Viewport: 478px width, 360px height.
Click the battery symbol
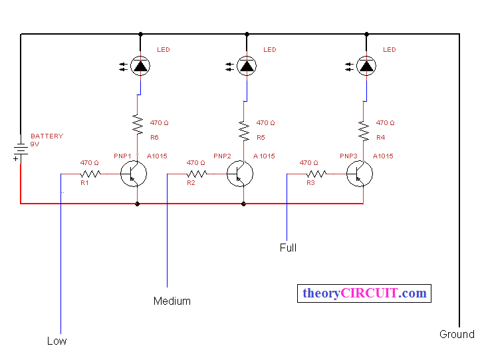tap(21, 150)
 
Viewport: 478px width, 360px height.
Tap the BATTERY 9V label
tap(47, 140)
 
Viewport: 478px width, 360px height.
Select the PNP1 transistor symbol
tap(134, 174)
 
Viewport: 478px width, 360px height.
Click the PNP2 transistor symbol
tap(240, 174)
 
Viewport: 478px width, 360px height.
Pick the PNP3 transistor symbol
tap(360, 174)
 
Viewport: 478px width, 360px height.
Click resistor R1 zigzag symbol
tap(90, 174)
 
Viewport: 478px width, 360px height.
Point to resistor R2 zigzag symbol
tap(197, 174)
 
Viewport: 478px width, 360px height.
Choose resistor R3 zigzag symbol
tap(316, 174)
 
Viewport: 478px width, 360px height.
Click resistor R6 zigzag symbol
tap(138, 124)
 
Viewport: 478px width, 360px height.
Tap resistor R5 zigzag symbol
tap(244, 131)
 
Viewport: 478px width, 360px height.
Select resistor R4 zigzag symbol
tap(364, 131)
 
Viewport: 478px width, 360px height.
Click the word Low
tap(57, 341)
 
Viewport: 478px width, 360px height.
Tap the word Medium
tap(172, 301)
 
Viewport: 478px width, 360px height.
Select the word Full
tap(288, 248)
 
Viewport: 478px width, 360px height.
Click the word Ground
tap(457, 334)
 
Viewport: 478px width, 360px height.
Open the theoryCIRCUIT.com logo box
tap(364, 293)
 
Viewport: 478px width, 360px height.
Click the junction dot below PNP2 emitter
tap(243, 204)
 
